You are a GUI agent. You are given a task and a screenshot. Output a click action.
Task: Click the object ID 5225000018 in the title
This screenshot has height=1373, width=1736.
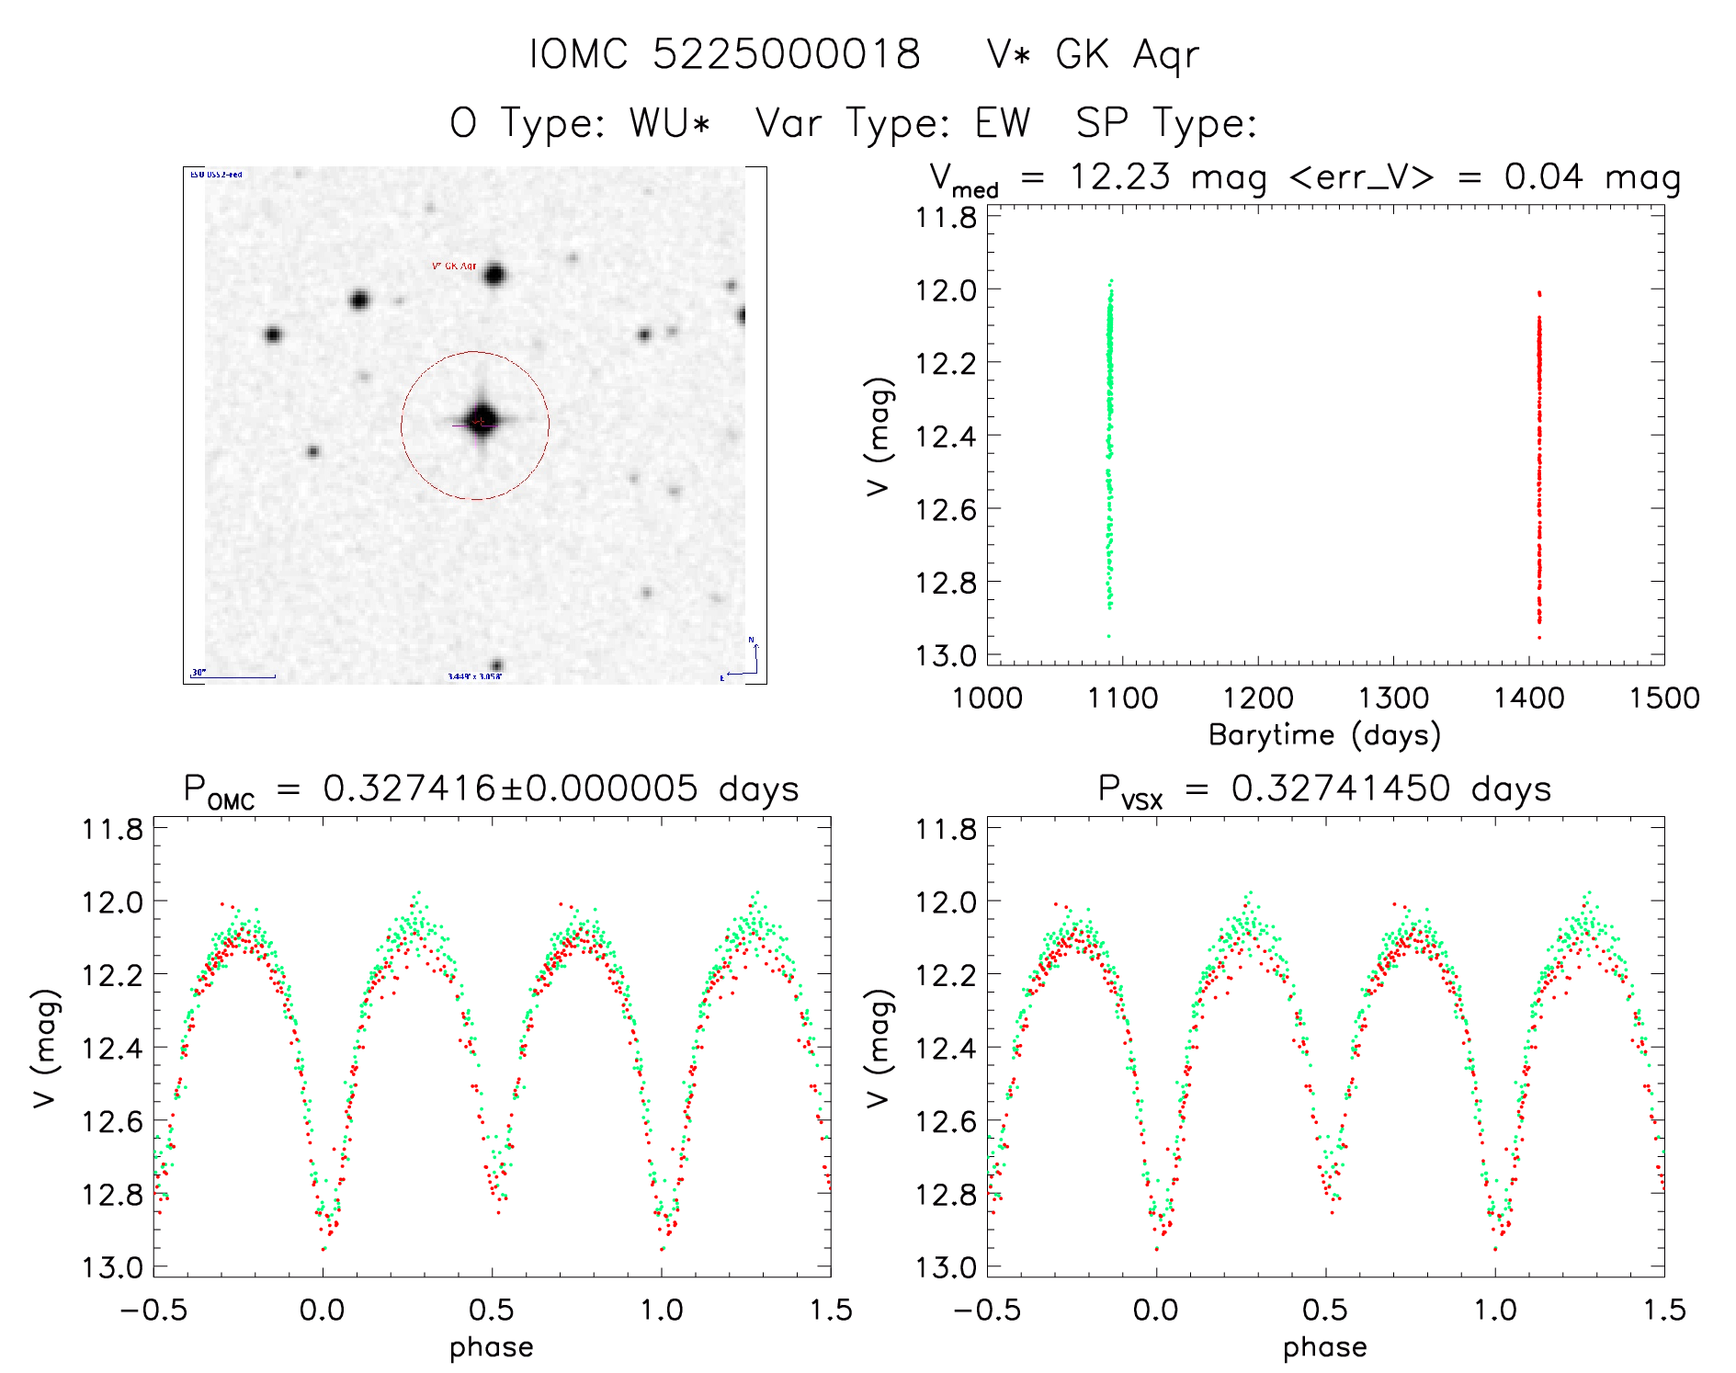786,54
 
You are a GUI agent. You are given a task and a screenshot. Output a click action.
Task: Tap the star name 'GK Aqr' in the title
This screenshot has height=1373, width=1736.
1127,55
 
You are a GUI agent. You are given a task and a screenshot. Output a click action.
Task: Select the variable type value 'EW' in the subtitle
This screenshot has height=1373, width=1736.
1002,123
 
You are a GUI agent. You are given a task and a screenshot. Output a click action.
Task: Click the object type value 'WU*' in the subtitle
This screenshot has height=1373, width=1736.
670,123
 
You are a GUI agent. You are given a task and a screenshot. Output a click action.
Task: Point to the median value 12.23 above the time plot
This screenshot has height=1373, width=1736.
1120,176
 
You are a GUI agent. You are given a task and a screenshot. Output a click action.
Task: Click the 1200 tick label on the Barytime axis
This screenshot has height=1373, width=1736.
1257,698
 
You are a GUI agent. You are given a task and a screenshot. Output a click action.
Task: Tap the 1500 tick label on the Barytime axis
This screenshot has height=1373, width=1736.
1663,698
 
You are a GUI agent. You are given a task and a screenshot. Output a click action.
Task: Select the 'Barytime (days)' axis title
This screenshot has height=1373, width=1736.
1324,735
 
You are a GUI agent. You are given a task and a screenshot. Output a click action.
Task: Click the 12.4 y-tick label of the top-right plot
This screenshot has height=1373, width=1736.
946,436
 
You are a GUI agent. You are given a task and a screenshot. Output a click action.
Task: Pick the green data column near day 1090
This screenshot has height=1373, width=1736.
1109,441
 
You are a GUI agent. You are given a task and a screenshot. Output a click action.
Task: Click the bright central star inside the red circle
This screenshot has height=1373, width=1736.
481,421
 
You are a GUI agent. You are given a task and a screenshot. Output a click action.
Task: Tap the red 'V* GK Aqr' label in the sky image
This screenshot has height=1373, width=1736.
454,266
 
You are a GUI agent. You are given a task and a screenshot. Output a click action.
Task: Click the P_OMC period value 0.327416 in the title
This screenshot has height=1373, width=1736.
409,789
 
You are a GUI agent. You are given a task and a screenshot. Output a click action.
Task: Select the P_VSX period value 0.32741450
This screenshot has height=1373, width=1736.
1341,789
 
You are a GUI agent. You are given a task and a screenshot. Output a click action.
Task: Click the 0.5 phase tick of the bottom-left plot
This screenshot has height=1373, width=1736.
492,1310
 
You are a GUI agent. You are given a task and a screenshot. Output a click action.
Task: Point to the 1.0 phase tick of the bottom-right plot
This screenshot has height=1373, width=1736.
1495,1310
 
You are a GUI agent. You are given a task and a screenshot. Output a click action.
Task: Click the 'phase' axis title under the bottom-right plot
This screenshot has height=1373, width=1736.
1324,1347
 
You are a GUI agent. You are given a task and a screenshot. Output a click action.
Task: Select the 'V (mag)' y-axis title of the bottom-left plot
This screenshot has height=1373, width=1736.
46,1048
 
